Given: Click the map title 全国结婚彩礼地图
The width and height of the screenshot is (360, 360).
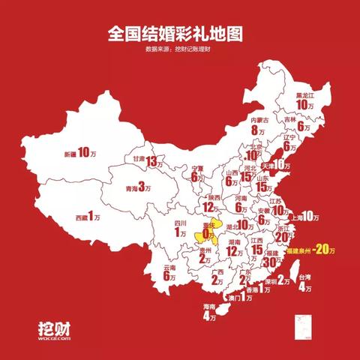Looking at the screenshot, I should click(180, 34).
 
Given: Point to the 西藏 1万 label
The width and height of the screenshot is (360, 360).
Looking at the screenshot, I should click(88, 216).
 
